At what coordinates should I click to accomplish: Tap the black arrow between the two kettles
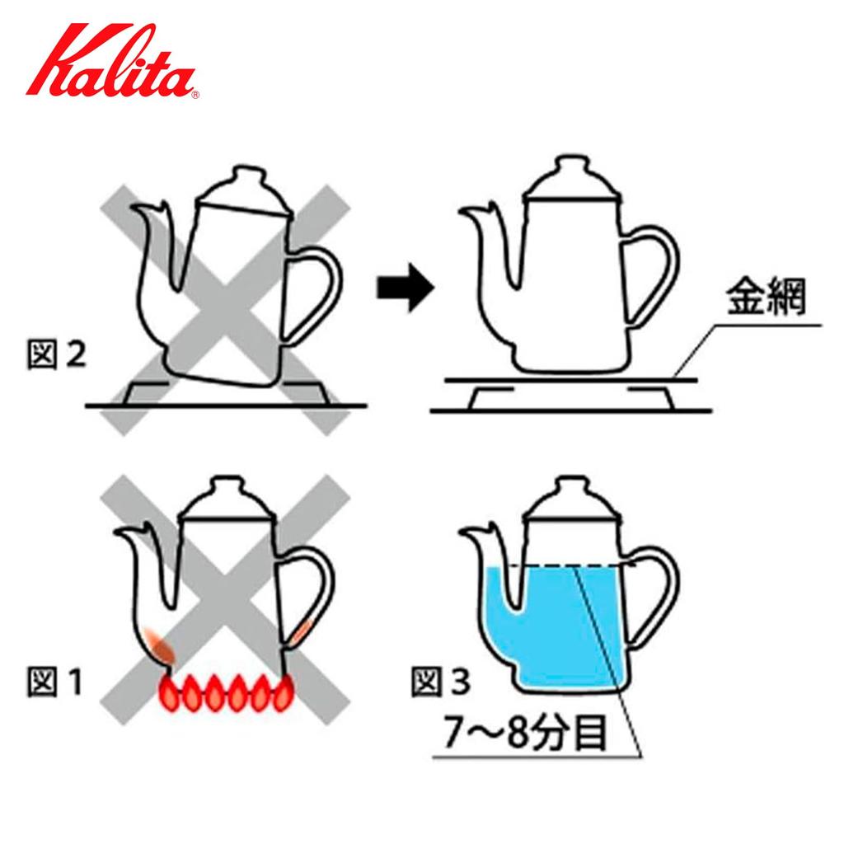404,288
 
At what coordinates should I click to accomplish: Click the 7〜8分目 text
526,734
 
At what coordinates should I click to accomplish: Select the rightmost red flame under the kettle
282,694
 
